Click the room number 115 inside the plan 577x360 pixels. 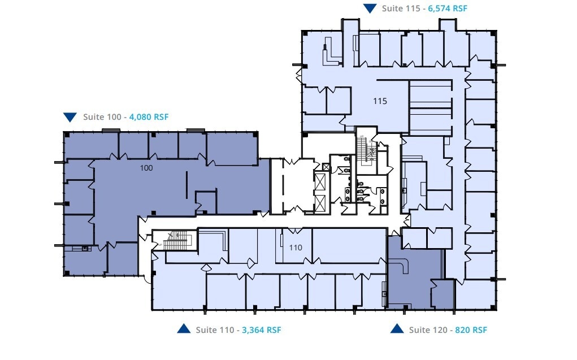coord(380,101)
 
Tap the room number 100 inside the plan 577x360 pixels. coord(146,168)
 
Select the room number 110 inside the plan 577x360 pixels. coord(296,248)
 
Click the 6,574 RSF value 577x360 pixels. coord(448,8)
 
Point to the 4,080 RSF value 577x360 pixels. coord(149,117)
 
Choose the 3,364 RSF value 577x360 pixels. coord(262,329)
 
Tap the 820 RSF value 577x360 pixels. coord(471,329)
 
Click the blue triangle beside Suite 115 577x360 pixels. coord(370,8)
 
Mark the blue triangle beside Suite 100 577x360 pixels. coord(70,117)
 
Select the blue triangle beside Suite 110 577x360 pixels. coord(184,329)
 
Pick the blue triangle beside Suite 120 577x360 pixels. coord(397,329)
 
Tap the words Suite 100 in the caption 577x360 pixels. coord(102,117)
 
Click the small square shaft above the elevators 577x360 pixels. coord(326,167)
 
